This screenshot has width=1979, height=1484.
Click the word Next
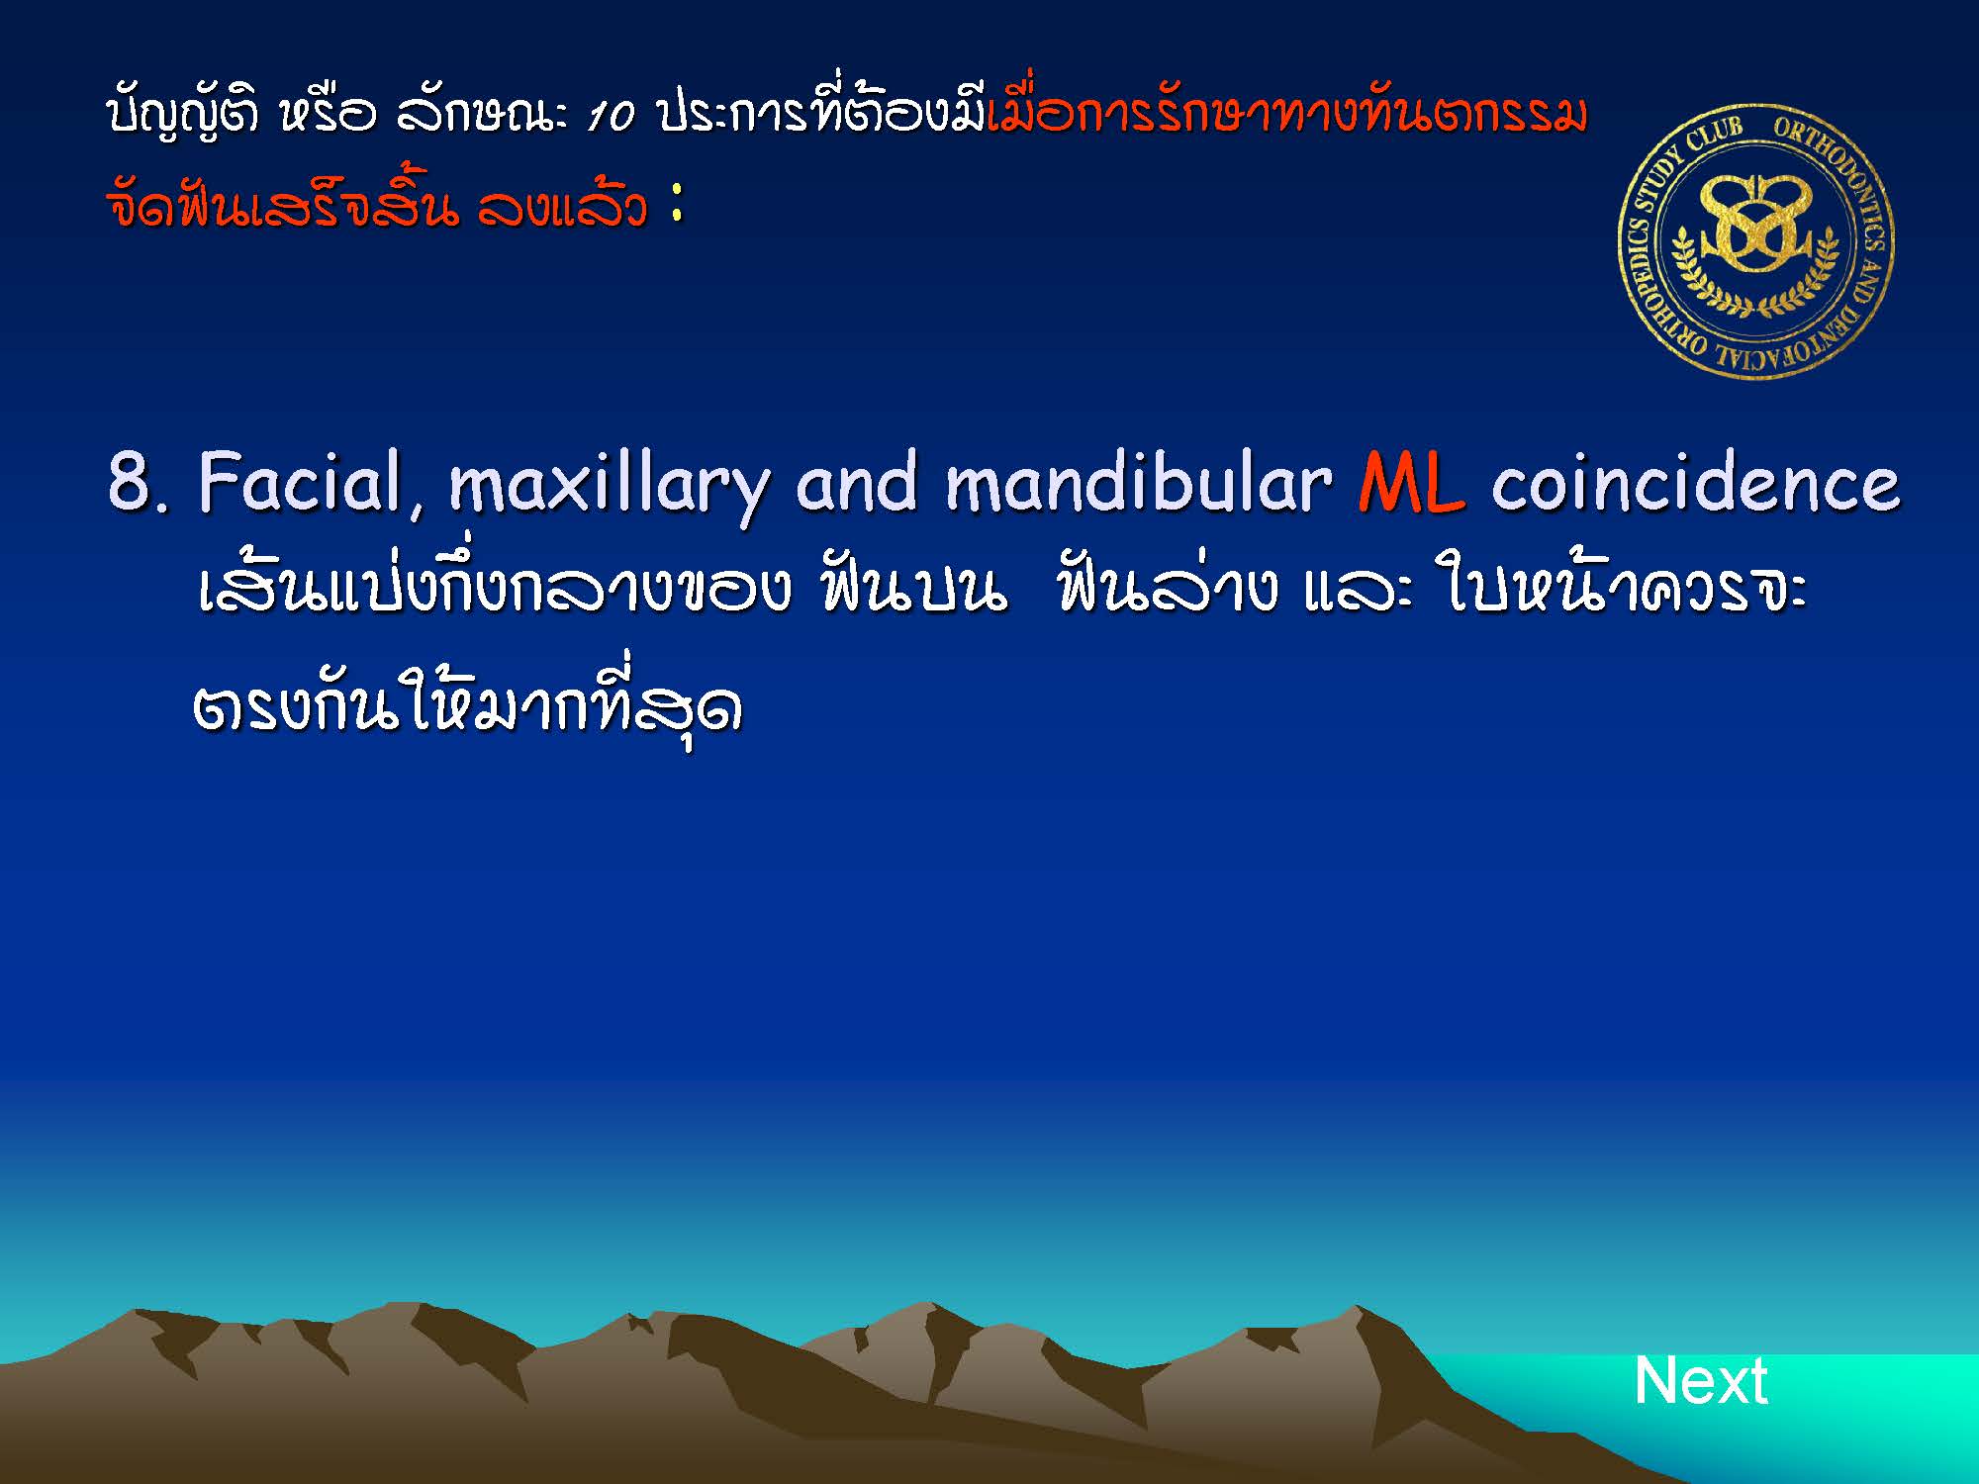click(1700, 1380)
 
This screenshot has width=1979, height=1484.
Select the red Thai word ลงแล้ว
click(562, 206)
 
